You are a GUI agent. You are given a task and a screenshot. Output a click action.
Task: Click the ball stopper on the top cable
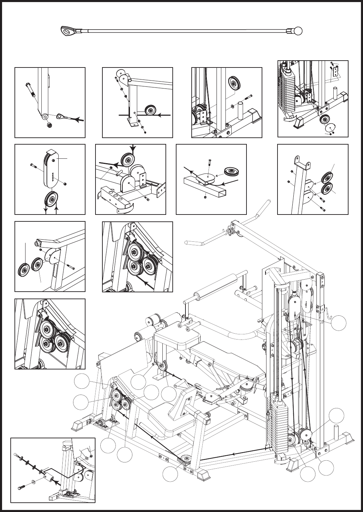click(298, 31)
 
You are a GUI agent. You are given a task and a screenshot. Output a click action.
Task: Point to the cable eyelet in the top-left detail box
click(63, 116)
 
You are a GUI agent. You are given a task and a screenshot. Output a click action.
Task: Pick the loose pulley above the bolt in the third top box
click(234, 83)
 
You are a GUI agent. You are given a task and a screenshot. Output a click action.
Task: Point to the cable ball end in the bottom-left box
click(16, 454)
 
